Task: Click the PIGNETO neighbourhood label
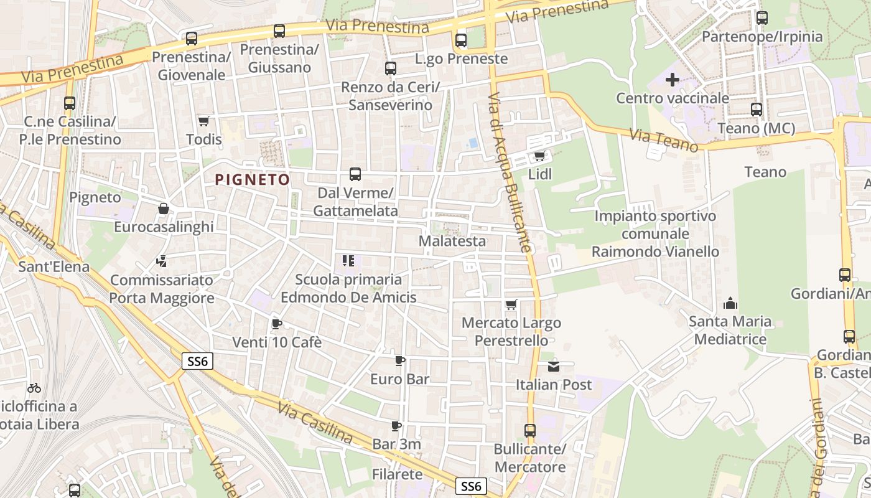(252, 180)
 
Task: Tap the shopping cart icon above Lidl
(539, 156)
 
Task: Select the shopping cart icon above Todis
(203, 121)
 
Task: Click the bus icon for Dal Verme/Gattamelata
(355, 174)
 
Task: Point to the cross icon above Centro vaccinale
(673, 80)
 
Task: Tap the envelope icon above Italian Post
(554, 366)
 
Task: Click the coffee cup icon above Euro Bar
(400, 360)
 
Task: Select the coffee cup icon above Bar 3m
(396, 426)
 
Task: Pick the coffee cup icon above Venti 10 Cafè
(277, 324)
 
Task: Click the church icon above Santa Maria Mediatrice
(730, 304)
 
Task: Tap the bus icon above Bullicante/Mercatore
(530, 430)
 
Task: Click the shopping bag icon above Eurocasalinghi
(164, 209)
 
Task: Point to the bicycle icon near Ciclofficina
(34, 388)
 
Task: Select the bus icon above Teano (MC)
(757, 110)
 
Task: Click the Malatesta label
(452, 241)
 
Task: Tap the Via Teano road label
(664, 140)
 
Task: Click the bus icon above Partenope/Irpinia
(762, 18)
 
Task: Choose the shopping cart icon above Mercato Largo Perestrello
(511, 304)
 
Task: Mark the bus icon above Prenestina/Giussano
(279, 31)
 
